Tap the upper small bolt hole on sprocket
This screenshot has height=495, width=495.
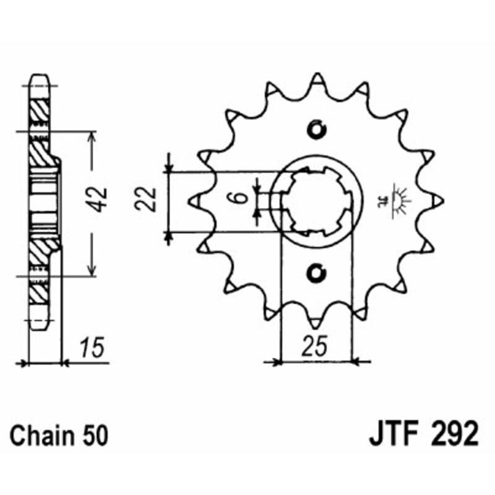(x=317, y=130)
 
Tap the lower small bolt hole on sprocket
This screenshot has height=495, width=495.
(x=317, y=271)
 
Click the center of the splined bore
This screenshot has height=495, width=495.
(x=317, y=200)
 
